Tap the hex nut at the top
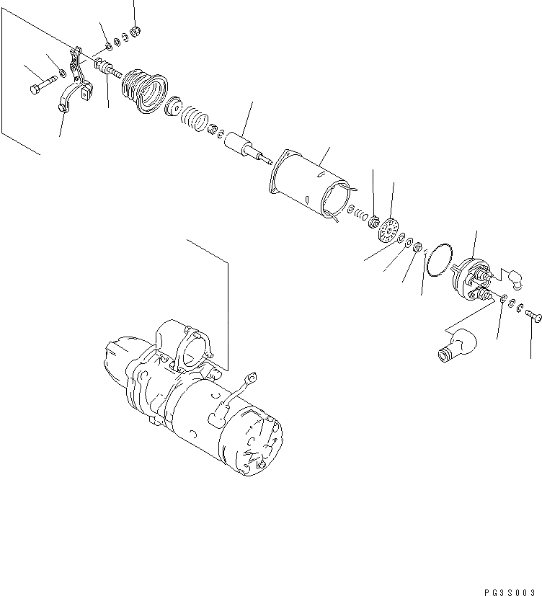click(x=134, y=31)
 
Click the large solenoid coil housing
click(x=310, y=183)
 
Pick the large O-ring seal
click(x=437, y=260)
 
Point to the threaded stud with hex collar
click(x=108, y=69)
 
